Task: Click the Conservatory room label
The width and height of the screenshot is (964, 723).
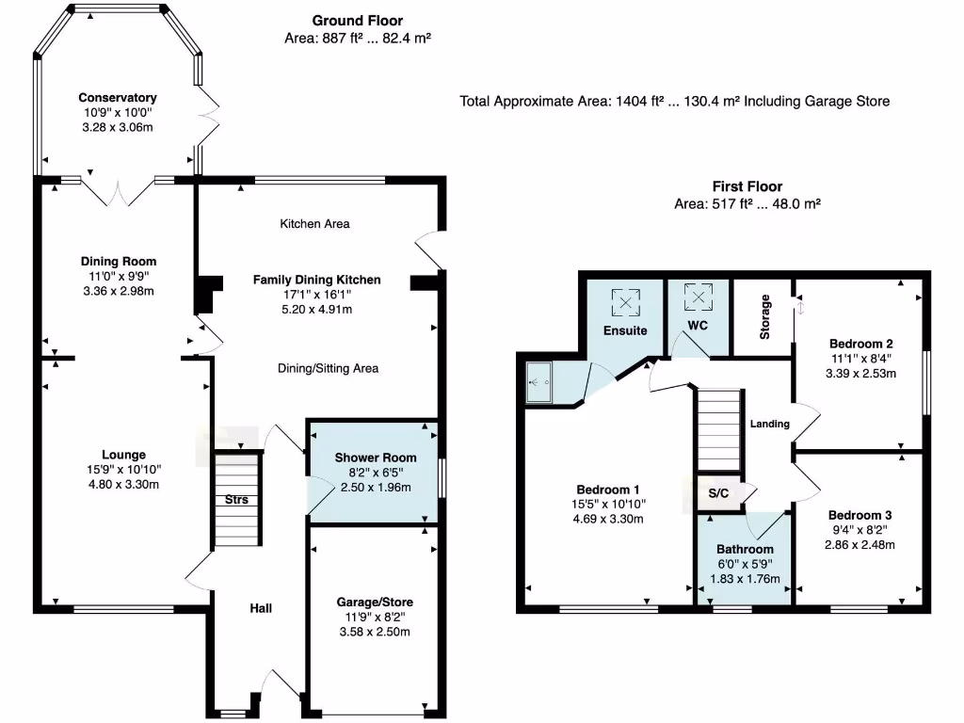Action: (x=117, y=98)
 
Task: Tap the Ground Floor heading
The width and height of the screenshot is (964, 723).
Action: (x=357, y=21)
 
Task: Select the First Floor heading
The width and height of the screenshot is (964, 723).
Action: (x=747, y=186)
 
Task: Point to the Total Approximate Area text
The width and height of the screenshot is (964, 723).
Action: (x=674, y=101)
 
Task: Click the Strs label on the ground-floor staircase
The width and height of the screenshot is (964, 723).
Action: (x=236, y=500)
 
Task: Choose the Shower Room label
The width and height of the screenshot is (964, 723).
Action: (x=375, y=458)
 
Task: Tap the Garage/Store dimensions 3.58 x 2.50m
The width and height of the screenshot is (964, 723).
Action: (x=375, y=632)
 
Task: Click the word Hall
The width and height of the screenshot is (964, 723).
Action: (x=261, y=608)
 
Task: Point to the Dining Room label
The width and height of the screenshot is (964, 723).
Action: (x=118, y=262)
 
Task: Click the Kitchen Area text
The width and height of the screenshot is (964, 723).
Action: (x=314, y=224)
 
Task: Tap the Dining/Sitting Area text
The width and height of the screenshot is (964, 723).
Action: (x=328, y=368)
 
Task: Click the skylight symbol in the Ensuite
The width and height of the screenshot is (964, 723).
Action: (x=625, y=302)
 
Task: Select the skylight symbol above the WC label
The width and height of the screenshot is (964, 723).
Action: (x=698, y=297)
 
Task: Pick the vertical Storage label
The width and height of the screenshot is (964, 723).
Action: (x=765, y=317)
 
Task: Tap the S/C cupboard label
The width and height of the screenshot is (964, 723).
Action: (x=719, y=493)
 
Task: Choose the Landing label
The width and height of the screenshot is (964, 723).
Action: (x=769, y=425)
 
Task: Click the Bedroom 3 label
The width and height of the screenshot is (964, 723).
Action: (x=860, y=516)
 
